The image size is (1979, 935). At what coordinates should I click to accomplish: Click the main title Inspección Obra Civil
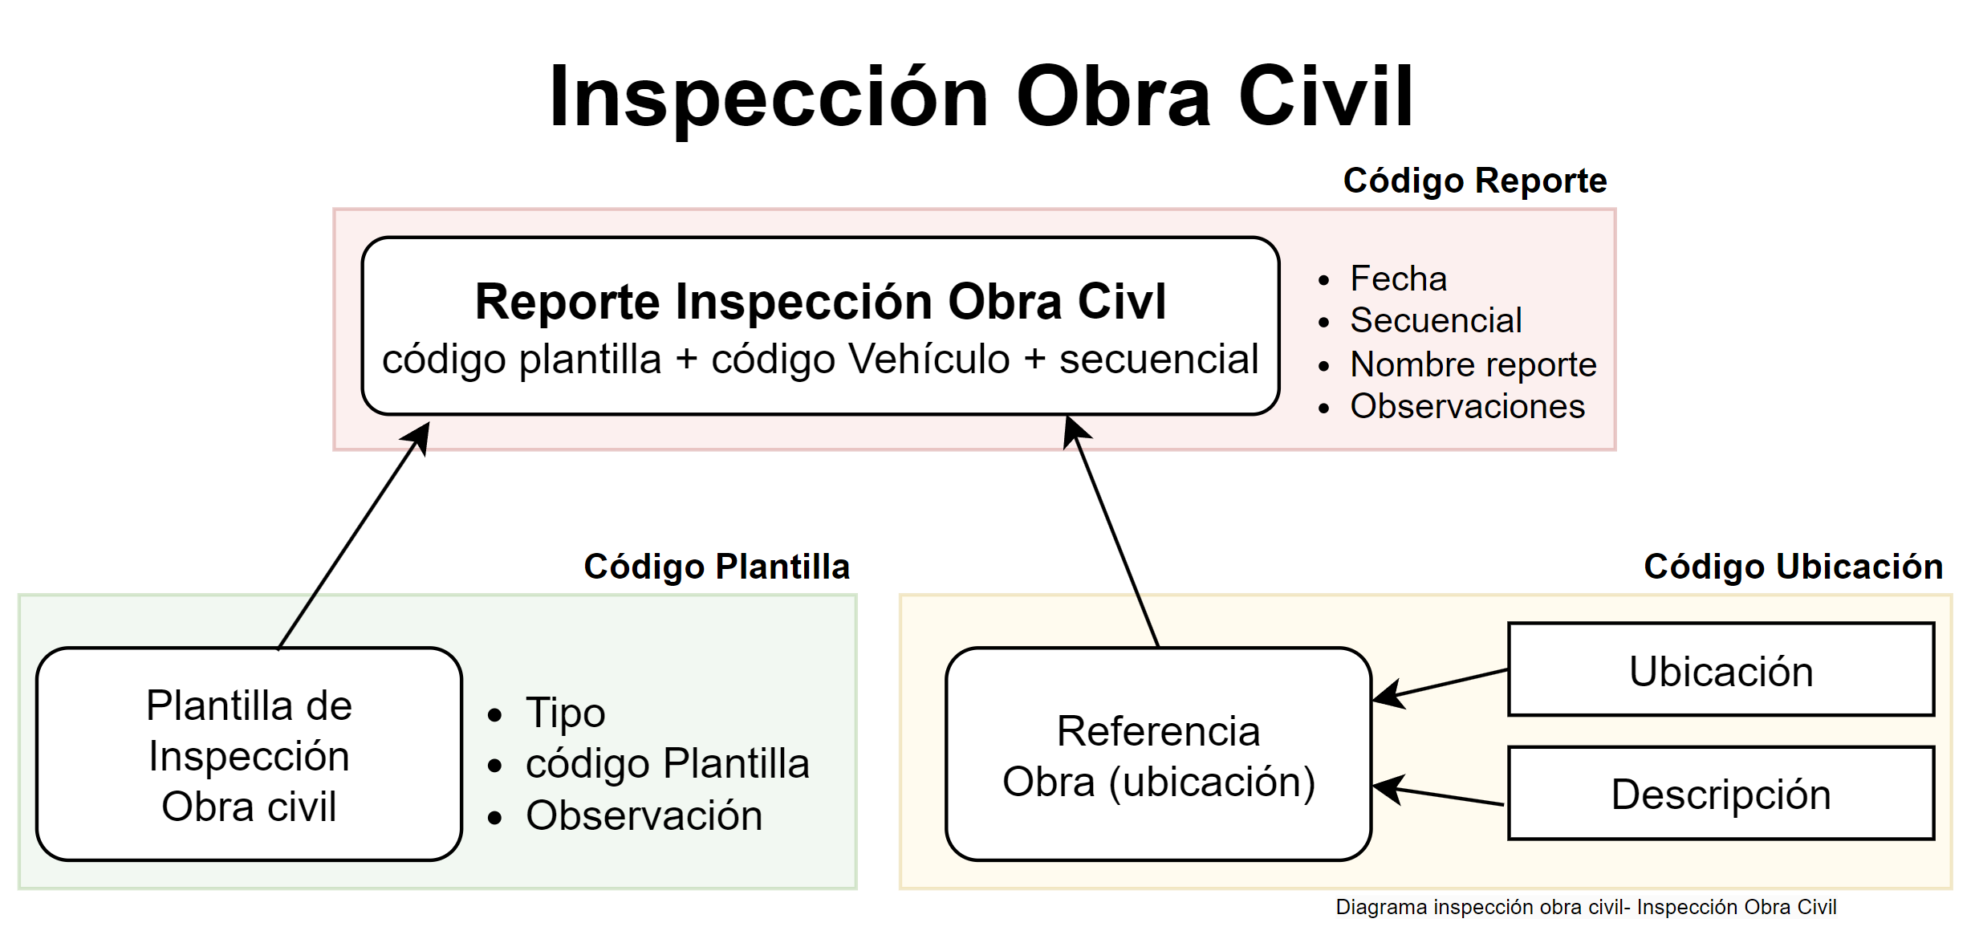981,97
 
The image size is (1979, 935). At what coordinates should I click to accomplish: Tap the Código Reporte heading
1475,181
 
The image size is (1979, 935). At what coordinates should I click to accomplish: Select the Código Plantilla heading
716,567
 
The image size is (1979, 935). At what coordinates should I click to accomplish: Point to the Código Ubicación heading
1793,567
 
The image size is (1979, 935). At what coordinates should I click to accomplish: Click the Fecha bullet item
1398,278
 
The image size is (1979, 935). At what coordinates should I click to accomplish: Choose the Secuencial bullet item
1436,320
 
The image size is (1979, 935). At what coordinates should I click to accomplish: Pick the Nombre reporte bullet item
1473,364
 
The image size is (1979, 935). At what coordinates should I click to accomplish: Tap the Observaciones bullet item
1467,406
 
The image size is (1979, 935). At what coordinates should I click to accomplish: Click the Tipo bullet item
565,713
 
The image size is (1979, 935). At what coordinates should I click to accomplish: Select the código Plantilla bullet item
667,763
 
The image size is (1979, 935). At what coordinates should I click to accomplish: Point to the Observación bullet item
644,815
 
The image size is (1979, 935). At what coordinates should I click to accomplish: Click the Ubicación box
1721,670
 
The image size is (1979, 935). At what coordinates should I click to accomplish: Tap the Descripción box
1721,794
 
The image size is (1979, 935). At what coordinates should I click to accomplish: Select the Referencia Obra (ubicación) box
1158,754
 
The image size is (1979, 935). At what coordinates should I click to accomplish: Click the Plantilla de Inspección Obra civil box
249,754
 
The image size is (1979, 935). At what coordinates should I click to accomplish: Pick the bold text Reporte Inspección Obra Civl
820,302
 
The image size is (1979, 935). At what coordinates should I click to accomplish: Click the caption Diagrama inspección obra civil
1586,907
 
